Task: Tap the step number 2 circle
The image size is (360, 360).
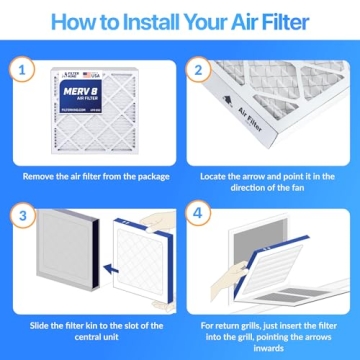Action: (197, 71)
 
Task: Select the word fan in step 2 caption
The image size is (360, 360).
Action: (283, 188)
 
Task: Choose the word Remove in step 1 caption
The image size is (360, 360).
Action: (44, 176)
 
